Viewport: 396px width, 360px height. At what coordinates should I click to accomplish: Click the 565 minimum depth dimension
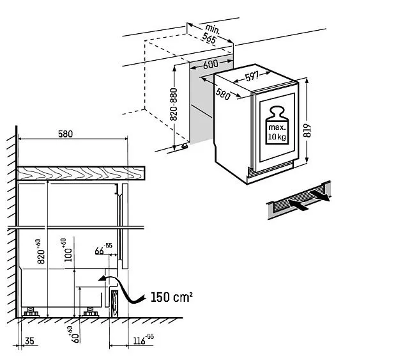[209, 38]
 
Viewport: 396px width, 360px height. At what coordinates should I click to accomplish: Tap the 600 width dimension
[210, 65]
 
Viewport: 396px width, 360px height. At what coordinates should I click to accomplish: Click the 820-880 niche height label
[173, 106]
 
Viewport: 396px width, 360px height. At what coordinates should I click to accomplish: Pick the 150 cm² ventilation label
[172, 297]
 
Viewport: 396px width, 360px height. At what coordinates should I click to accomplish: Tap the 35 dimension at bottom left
[29, 341]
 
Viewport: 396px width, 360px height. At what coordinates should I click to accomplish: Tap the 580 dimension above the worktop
[66, 134]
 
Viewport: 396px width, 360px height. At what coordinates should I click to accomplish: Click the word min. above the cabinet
[213, 28]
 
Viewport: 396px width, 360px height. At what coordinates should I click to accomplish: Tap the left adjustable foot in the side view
[30, 314]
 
